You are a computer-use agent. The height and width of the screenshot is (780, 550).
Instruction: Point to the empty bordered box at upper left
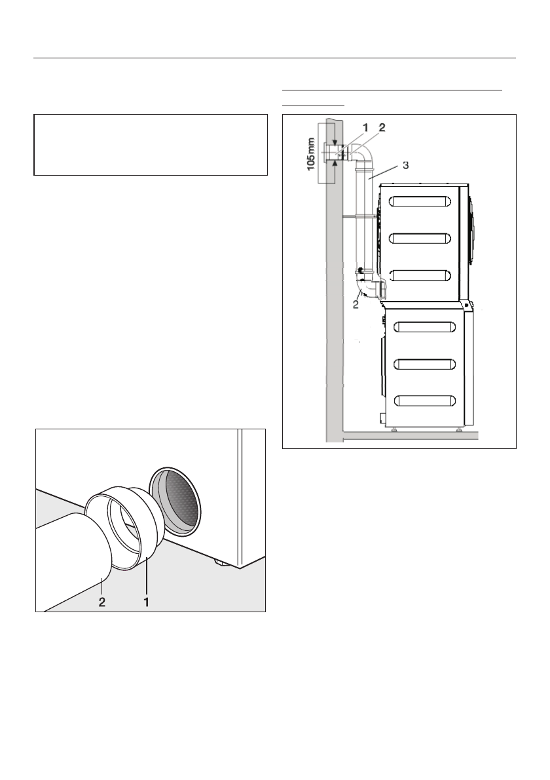tap(151, 145)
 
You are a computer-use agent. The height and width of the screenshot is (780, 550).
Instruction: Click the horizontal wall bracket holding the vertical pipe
tap(359, 215)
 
